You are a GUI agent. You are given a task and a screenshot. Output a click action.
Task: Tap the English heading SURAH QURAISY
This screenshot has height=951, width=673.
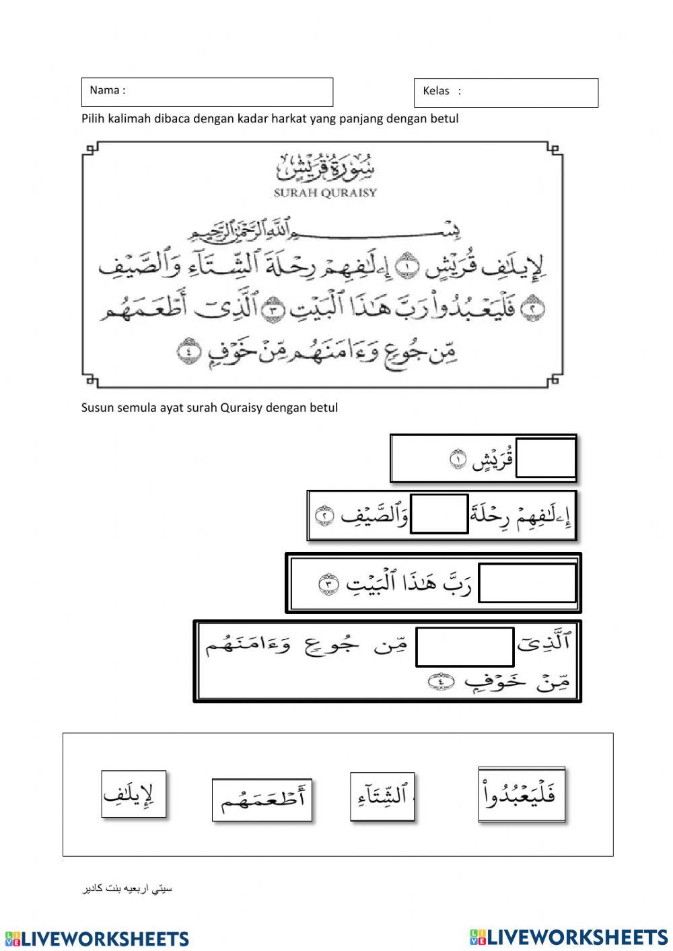(326, 192)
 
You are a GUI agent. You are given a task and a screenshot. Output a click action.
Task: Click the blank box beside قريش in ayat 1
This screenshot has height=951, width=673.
(546, 458)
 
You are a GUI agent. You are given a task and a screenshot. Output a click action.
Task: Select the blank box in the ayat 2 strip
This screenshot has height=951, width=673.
(439, 514)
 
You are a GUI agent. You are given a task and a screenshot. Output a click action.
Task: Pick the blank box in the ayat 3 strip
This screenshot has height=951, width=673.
(527, 583)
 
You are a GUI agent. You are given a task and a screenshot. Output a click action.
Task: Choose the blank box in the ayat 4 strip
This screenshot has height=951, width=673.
(464, 647)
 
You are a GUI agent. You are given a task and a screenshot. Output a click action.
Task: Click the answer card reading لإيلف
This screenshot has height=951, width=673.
(134, 794)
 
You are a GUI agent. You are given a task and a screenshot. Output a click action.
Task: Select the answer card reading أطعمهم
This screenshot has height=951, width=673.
(262, 800)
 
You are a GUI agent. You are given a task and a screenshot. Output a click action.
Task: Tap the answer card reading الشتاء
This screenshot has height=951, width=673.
(382, 797)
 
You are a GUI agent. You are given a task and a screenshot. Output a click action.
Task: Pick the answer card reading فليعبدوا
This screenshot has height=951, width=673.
(522, 794)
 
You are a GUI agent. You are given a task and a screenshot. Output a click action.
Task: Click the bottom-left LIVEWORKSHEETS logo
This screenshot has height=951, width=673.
(97, 939)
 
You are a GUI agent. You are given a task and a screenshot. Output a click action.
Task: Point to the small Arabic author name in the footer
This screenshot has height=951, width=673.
(127, 889)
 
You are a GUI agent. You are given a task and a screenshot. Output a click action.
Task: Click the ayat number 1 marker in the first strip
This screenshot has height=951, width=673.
(458, 460)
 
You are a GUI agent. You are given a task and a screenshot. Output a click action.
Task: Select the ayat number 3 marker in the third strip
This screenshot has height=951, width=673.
(328, 584)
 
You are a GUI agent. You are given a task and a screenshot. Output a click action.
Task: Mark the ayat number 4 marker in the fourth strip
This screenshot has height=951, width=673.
(438, 682)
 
